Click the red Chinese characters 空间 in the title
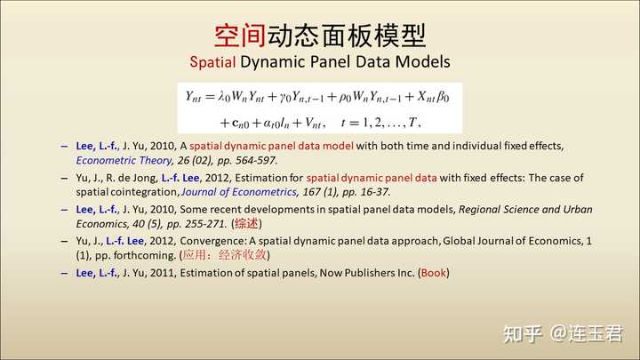click(x=240, y=36)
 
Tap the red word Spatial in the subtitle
click(x=212, y=62)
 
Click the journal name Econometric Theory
click(x=124, y=160)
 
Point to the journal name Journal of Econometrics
click(x=239, y=192)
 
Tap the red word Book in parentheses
click(x=434, y=273)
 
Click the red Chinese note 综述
click(x=246, y=224)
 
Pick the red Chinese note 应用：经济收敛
click(x=225, y=255)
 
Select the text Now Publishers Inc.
click(x=367, y=273)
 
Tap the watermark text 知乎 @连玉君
click(x=563, y=333)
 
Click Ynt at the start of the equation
click(x=193, y=97)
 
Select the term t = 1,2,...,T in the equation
click(x=380, y=122)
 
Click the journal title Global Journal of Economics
click(x=512, y=241)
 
